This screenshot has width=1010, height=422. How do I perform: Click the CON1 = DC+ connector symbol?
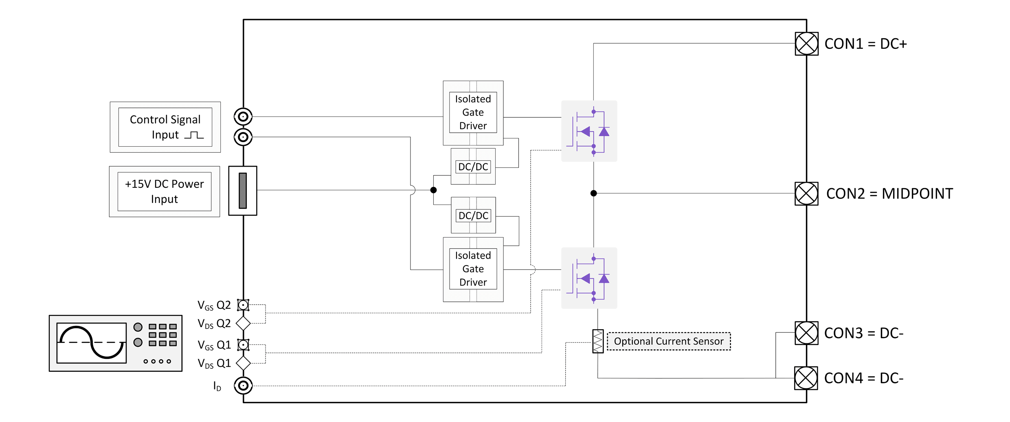(x=806, y=44)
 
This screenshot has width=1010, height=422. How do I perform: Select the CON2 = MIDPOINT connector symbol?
(x=806, y=193)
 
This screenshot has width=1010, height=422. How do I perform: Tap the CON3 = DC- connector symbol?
(x=806, y=333)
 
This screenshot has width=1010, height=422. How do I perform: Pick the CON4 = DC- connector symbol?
(x=806, y=378)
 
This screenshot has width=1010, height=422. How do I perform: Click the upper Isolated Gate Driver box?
(x=473, y=112)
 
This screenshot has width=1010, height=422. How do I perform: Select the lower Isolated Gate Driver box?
(x=473, y=269)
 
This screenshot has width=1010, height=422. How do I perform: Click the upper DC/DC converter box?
(x=473, y=167)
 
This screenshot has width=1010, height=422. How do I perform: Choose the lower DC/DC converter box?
(x=473, y=215)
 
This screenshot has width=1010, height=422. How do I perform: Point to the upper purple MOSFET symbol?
(x=589, y=131)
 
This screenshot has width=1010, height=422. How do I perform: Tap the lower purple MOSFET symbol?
(x=589, y=278)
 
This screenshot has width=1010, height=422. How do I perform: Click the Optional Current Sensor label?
(x=669, y=341)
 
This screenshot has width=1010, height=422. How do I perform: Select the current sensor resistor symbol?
(x=597, y=341)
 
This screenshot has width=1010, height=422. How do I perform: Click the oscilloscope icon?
(x=116, y=343)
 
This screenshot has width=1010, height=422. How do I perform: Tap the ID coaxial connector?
(x=243, y=385)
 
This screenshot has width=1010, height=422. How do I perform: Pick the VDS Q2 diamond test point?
(x=243, y=323)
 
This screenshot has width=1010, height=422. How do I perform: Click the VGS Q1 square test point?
(x=243, y=345)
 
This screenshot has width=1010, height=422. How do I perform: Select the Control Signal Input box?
(x=165, y=127)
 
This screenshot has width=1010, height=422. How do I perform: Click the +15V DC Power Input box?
(x=164, y=191)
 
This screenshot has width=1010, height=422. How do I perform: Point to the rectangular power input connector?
(x=243, y=191)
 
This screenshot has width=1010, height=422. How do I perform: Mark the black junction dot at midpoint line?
(x=593, y=193)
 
